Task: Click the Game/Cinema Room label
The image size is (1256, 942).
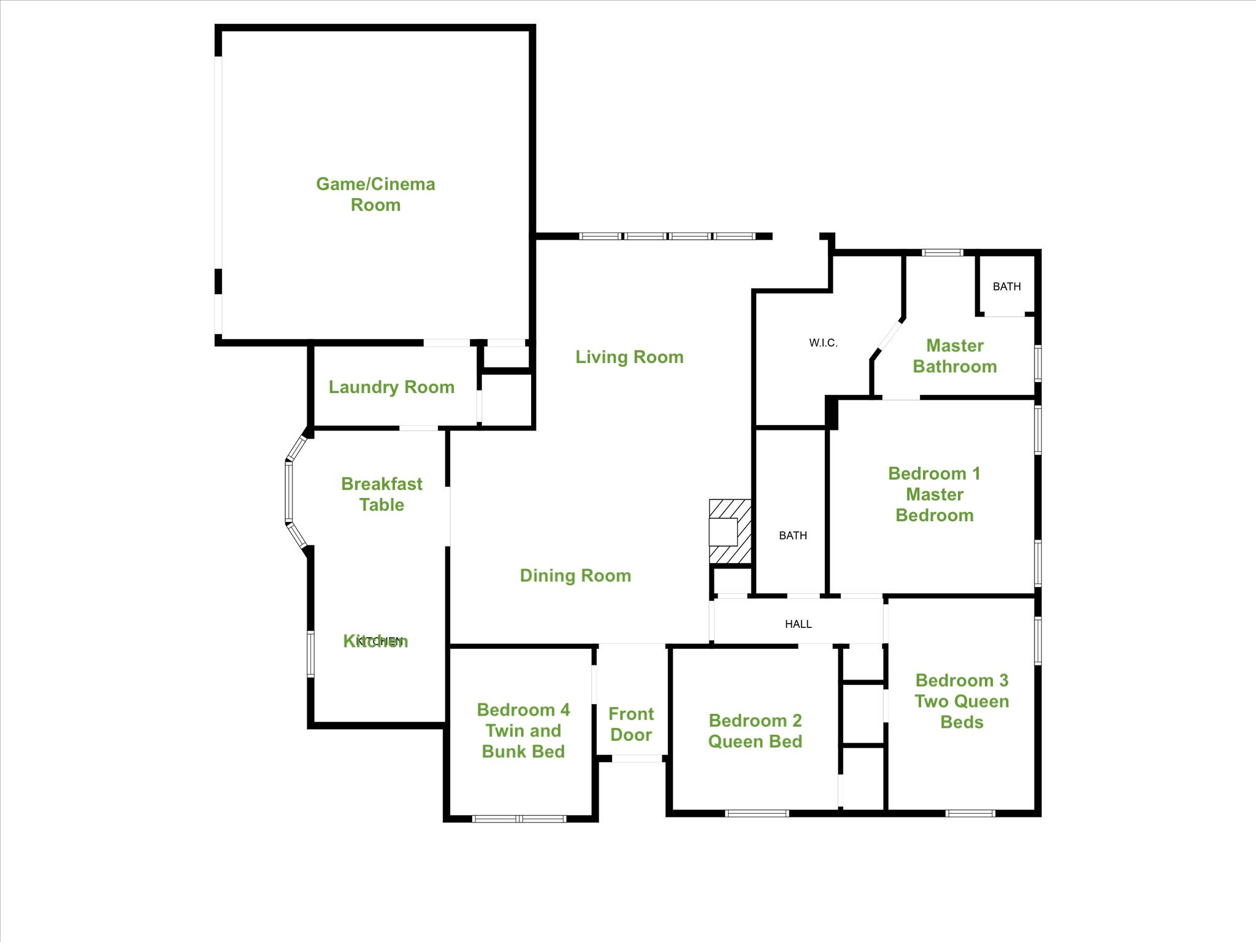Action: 375,194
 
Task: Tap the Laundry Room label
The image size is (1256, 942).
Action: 391,387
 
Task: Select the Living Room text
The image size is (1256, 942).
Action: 629,357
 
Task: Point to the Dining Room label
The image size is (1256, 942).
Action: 575,575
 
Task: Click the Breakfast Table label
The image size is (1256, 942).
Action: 381,494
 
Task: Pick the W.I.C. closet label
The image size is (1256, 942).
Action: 823,343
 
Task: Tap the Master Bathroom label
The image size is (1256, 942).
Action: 955,356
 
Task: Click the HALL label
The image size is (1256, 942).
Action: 798,624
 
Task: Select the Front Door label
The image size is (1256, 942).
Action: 631,724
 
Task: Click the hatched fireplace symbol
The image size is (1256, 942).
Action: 730,531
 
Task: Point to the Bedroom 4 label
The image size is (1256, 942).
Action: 523,730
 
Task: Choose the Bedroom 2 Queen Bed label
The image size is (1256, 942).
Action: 755,731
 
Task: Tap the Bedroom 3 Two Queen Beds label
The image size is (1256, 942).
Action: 962,701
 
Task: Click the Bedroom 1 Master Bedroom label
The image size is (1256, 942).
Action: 935,494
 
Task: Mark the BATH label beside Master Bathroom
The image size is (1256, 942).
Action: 1006,286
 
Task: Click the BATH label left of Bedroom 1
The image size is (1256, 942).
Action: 793,535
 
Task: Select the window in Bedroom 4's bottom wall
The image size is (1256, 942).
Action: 519,818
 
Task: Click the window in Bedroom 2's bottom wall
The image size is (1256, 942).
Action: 757,813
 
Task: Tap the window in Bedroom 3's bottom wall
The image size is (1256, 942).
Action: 970,813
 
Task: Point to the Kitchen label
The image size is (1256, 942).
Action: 375,641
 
